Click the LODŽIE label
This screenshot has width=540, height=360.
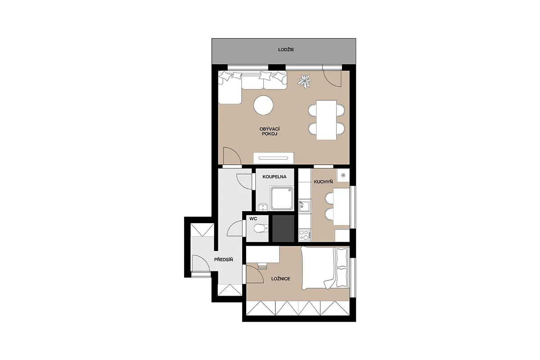pos(286,50)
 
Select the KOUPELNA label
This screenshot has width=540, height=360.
pos(274,177)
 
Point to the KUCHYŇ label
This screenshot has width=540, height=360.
pos(323,182)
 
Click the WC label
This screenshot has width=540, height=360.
pos(253,219)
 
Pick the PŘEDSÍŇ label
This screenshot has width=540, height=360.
pos(224,260)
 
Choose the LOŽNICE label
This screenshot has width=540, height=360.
pos(281,279)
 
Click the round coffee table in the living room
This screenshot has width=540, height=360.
pos(263,105)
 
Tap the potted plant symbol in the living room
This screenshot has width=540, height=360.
pos(305,81)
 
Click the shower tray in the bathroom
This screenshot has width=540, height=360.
pos(282,198)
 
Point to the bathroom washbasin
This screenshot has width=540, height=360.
pos(262,207)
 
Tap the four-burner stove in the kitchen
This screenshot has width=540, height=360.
pos(305,235)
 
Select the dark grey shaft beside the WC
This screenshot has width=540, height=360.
pos(283,228)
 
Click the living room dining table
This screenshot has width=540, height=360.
pos(326,120)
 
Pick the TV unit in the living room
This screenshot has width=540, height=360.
pos(274,158)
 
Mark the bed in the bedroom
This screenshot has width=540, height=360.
pos(325,268)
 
